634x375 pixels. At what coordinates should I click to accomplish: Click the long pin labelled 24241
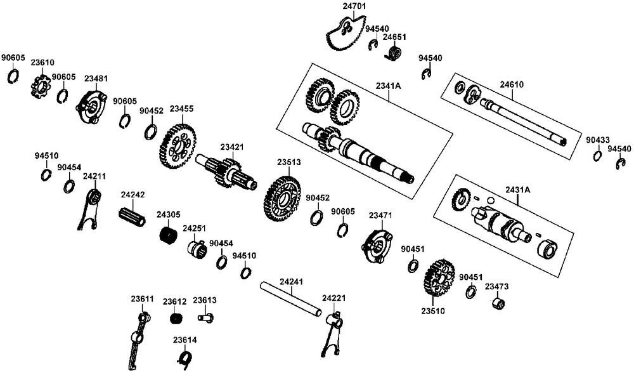pos(292,299)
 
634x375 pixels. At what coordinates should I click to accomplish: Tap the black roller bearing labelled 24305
pos(167,237)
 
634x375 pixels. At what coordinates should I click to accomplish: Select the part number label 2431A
pos(517,190)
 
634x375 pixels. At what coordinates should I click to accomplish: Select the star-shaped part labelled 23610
pos(41,86)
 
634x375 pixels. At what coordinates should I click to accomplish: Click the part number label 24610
pos(512,84)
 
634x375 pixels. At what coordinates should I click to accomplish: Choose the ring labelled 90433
pos(598,156)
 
